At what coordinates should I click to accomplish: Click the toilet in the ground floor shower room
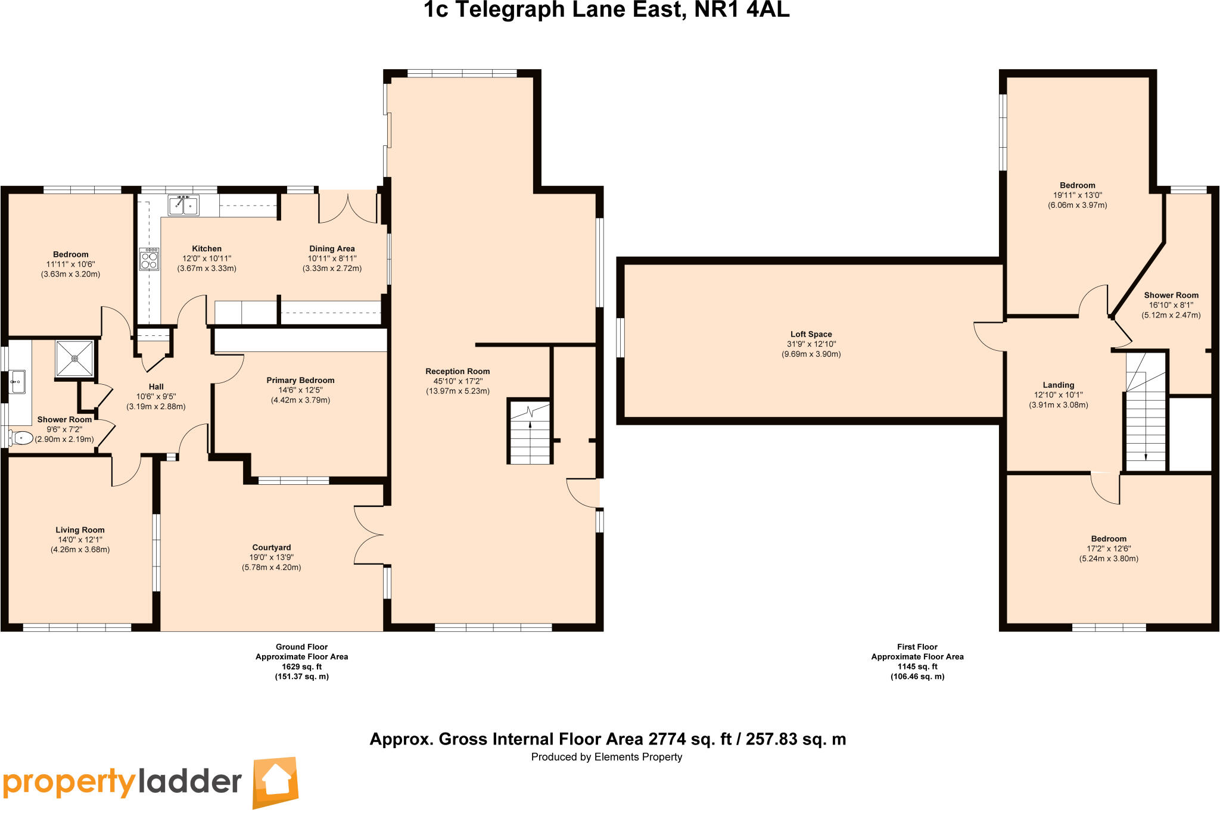pos(22,438)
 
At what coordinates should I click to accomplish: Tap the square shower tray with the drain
pos(74,359)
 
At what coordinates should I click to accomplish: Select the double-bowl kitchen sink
pos(183,205)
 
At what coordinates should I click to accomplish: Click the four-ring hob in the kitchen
pos(149,260)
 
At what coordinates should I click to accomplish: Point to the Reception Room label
pos(457,371)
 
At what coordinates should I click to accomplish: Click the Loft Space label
pos(811,334)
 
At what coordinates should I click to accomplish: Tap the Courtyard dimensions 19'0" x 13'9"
pos(271,557)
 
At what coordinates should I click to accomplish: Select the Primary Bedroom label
pos(300,380)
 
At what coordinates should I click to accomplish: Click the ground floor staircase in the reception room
pos(530,432)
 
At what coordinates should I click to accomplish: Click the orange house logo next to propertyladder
pos(275,782)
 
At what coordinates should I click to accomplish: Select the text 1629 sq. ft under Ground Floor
pos(301,666)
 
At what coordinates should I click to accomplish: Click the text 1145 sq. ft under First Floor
pos(917,666)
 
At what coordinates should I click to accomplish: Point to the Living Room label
pos(80,529)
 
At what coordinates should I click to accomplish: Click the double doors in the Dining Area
pos(348,207)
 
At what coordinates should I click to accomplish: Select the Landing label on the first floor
pos(1058,385)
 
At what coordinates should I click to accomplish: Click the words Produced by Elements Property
pos(606,757)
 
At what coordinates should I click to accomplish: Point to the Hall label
pos(156,387)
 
